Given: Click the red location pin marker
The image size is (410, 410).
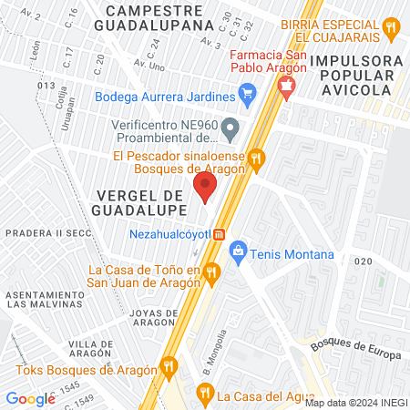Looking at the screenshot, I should (205, 189).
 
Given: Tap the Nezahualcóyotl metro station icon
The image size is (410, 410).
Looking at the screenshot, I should (220, 234).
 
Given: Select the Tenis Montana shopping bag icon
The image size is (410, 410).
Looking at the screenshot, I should (239, 249).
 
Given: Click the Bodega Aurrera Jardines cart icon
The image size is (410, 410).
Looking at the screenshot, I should (246, 93).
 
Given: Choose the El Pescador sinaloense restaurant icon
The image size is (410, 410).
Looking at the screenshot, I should (257, 158).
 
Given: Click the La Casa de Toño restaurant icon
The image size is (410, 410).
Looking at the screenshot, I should (211, 271).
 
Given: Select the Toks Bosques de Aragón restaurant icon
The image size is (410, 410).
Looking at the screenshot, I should (168, 367).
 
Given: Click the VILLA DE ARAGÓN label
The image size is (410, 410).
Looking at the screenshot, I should (90, 351).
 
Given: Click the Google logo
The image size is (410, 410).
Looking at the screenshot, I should (30, 398).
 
